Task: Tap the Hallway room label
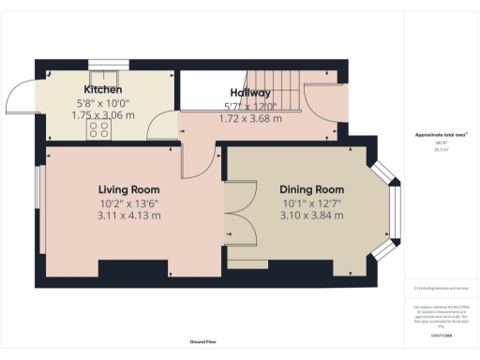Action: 250,93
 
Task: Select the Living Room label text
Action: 129,188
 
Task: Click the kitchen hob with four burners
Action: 97,130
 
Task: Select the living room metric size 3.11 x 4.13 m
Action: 129,215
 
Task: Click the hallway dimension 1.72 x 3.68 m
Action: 249,119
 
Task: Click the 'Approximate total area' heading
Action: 441,135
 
